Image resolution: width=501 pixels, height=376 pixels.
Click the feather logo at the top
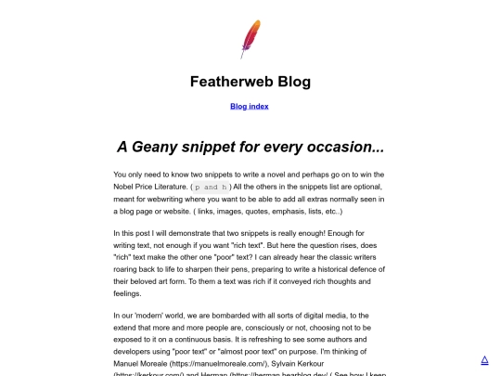click(x=250, y=38)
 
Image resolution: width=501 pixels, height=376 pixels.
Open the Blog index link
click(x=250, y=106)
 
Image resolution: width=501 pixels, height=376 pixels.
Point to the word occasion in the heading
click(x=347, y=147)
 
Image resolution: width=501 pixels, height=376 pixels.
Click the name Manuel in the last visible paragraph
click(x=130, y=367)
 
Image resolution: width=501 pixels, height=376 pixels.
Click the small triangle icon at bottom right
click(x=484, y=359)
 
